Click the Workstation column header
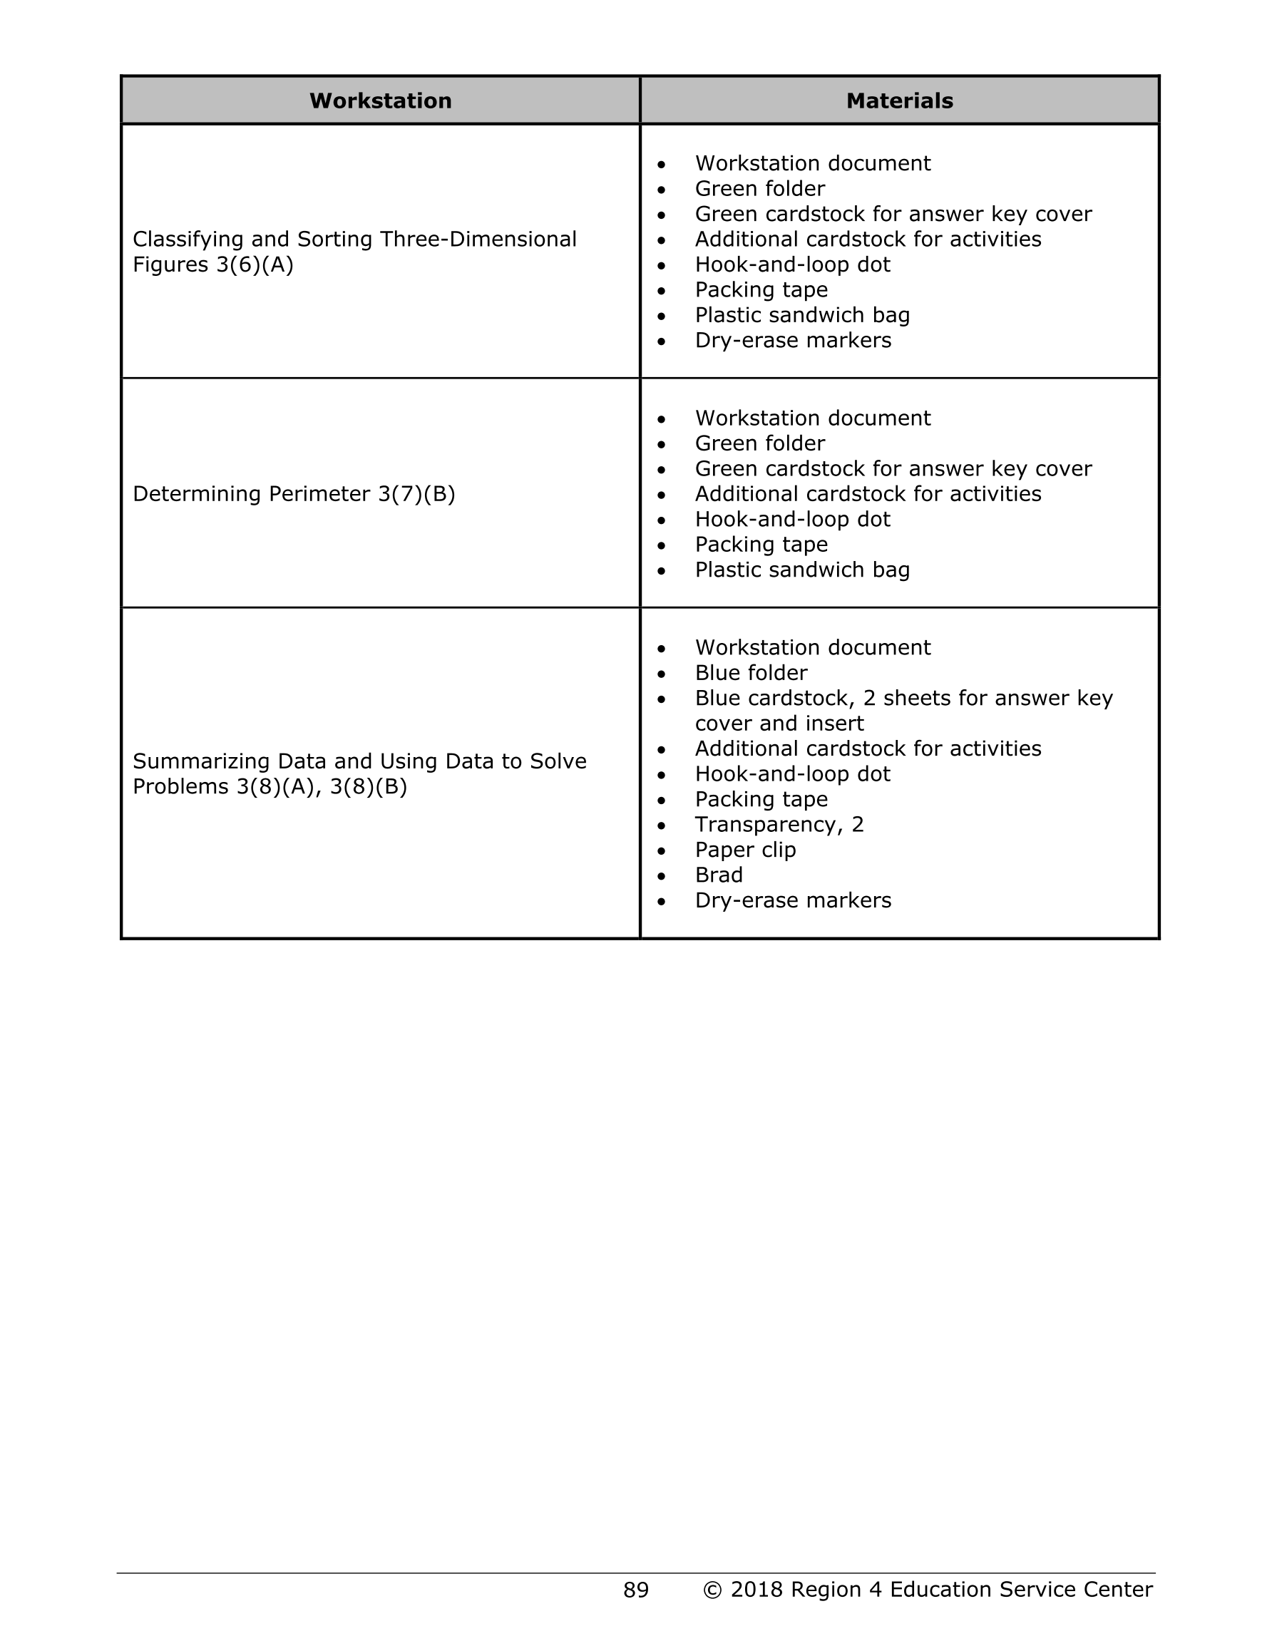pos(380,101)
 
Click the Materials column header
pos(899,101)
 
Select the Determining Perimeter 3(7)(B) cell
pos(294,495)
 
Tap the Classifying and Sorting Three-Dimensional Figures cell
pos(354,252)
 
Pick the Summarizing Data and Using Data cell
pos(359,774)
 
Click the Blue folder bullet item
pos(750,673)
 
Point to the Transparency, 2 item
pos(779,825)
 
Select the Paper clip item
pos(745,850)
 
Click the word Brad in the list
pos(719,875)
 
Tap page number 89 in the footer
pos(635,1590)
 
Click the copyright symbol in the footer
pos(712,1590)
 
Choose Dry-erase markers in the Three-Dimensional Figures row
pos(792,341)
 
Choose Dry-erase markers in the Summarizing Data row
pos(792,900)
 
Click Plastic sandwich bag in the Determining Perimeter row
pos(802,570)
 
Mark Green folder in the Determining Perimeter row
pos(759,444)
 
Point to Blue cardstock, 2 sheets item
pos(903,699)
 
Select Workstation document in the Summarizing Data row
pos(812,648)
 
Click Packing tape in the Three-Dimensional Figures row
pos(761,290)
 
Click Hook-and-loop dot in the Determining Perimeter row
pos(791,520)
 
